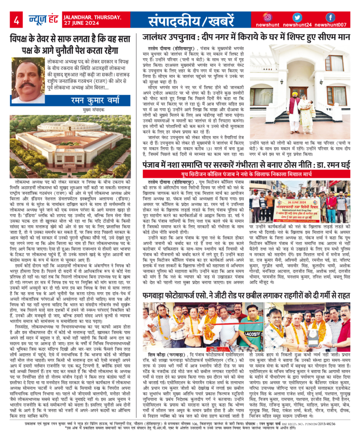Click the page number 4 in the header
pyautogui.click(x=16, y=20)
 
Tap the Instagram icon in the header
pyautogui.click(x=268, y=17)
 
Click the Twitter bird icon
pyautogui.click(x=298, y=17)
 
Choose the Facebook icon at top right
pyautogui.click(x=330, y=17)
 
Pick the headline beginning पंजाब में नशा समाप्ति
pyautogui.click(x=248, y=164)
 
